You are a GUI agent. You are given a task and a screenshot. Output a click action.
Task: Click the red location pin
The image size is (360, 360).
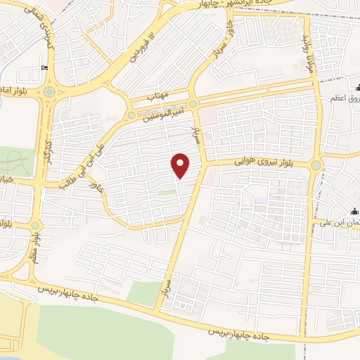181,165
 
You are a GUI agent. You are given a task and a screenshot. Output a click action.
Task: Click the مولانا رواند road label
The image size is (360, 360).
306,53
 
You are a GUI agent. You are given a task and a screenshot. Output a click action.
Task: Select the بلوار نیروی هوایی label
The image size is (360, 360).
267,162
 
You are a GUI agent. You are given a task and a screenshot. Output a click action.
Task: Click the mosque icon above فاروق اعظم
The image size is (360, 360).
357,89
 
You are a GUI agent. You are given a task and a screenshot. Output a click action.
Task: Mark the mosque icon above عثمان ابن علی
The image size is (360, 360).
356,211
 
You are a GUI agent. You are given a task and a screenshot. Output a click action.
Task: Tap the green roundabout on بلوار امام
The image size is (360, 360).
49,91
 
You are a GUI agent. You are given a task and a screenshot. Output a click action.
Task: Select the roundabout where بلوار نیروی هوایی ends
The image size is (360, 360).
316,165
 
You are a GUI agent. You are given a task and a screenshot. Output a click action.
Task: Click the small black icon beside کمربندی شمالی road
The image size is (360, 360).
45,68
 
